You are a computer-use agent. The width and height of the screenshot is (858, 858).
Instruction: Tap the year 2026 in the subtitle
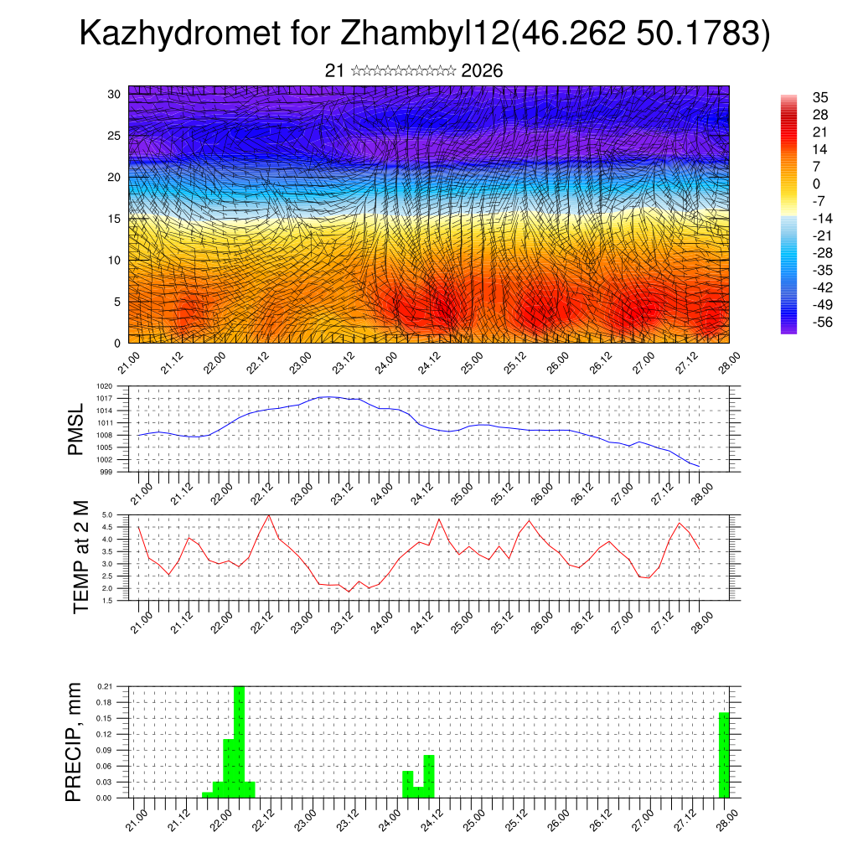click(x=482, y=71)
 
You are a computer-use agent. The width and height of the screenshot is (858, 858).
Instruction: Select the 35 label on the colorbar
click(x=819, y=97)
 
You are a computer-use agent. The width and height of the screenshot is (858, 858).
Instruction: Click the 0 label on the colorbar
click(x=816, y=183)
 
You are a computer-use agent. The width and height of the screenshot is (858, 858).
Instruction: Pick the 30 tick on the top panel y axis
click(x=114, y=94)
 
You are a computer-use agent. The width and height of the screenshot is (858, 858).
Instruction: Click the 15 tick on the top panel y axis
click(x=114, y=219)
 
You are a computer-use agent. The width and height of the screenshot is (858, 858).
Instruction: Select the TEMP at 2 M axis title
click(x=80, y=557)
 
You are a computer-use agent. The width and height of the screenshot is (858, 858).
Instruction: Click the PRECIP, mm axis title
click(x=75, y=742)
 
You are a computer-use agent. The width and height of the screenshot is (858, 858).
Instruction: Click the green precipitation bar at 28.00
click(x=724, y=755)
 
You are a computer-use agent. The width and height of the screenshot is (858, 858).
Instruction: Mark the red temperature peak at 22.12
click(x=268, y=515)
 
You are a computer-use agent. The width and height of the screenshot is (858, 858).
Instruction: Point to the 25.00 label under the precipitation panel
click(x=473, y=819)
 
